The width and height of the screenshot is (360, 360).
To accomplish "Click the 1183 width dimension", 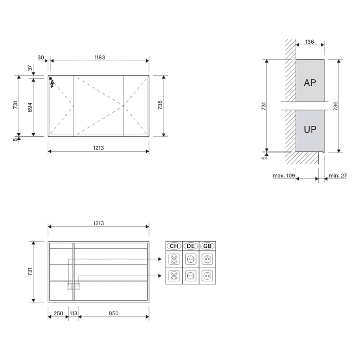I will point(99,57).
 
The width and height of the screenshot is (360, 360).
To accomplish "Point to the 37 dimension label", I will point(30,68).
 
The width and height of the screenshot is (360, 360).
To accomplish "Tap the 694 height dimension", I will point(30,106).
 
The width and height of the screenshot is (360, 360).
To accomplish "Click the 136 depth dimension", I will point(310,42).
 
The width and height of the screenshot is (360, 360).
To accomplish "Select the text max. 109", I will point(283,176).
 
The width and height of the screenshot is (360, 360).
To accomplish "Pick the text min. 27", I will point(337,176).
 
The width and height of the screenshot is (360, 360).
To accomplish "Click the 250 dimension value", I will point(58,313).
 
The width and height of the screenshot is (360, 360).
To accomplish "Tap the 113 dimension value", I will point(74,313).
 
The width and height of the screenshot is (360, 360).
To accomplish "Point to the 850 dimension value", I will point(114,313).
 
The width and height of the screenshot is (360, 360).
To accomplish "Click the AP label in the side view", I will point(310,83).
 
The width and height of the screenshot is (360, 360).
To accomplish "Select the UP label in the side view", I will point(310,130).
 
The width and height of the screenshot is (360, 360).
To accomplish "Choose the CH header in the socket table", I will point(174,246).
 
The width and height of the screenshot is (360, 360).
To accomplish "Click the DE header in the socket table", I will point(190,246).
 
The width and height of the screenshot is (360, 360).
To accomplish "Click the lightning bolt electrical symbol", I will point(52,84).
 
